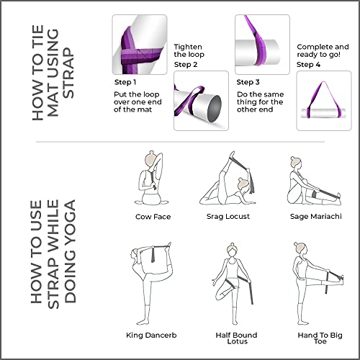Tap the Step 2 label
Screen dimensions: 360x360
point(187,64)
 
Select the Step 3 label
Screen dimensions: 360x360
point(248,82)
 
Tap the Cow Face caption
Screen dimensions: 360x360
point(153,216)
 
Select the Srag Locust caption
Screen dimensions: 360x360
point(230,216)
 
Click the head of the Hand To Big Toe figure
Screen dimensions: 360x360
point(302,248)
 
